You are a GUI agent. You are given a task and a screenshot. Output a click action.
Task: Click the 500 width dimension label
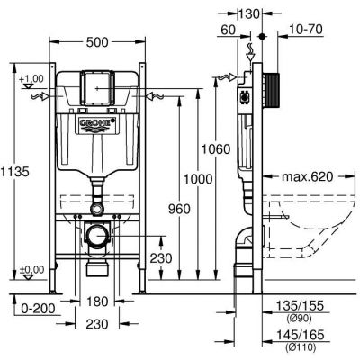[97, 42]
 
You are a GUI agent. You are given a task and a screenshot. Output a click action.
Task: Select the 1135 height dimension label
[14, 172]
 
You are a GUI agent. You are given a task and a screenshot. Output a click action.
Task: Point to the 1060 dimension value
[216, 148]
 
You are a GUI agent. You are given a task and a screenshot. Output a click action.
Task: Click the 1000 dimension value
[198, 179]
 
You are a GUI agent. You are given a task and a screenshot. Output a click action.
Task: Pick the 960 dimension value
[179, 209]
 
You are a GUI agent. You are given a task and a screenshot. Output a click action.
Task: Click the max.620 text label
[308, 176]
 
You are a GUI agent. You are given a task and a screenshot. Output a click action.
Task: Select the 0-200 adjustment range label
[38, 308]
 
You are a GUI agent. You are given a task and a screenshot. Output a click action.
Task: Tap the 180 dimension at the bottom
[98, 301]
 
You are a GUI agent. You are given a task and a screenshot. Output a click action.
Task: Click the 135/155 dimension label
[300, 306]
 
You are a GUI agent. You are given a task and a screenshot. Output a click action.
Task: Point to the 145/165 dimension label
[300, 335]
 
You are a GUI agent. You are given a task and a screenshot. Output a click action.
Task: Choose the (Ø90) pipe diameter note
[299, 318]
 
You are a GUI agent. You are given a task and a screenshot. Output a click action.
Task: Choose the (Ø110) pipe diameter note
[301, 347]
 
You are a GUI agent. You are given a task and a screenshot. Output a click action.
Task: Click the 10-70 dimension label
[306, 30]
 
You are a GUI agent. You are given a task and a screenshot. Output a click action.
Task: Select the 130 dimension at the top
[248, 13]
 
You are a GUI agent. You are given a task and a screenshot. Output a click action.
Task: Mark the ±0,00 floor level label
[31, 269]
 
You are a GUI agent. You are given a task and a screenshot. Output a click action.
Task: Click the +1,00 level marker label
[31, 79]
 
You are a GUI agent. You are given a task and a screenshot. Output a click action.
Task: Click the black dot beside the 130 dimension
[263, 37]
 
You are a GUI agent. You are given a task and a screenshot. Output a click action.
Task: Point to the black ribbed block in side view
[273, 90]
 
